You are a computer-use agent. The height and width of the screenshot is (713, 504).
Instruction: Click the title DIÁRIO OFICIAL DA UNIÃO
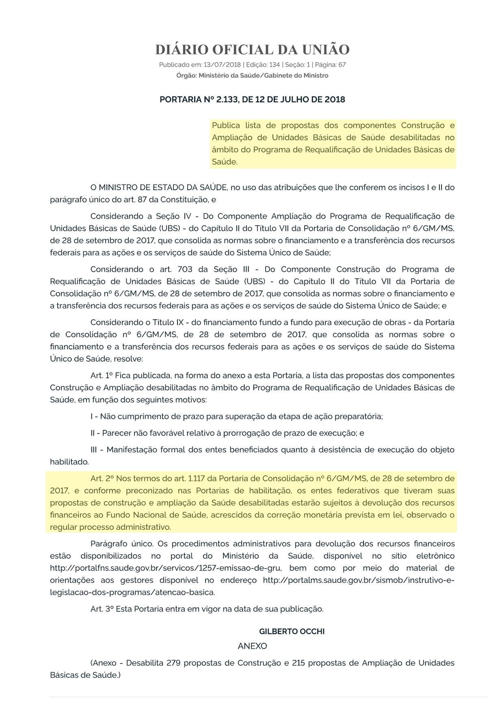click(x=252, y=50)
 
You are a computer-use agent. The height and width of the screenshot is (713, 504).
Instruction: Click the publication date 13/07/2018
click(x=222, y=65)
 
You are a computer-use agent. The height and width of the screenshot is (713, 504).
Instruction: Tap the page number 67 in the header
click(x=342, y=65)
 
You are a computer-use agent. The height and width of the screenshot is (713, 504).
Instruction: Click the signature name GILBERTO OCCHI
click(x=292, y=631)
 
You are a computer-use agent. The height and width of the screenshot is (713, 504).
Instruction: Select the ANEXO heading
click(x=252, y=646)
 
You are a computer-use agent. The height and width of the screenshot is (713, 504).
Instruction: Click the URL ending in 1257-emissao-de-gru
click(x=161, y=568)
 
